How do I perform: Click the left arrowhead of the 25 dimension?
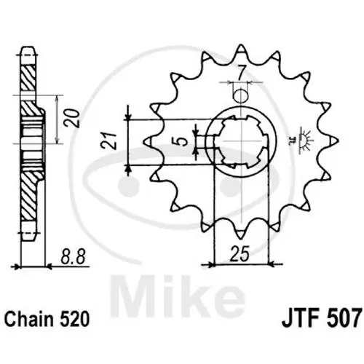pyautogui.click(x=213, y=262)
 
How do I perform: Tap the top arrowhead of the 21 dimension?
pyautogui.click(x=128, y=109)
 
